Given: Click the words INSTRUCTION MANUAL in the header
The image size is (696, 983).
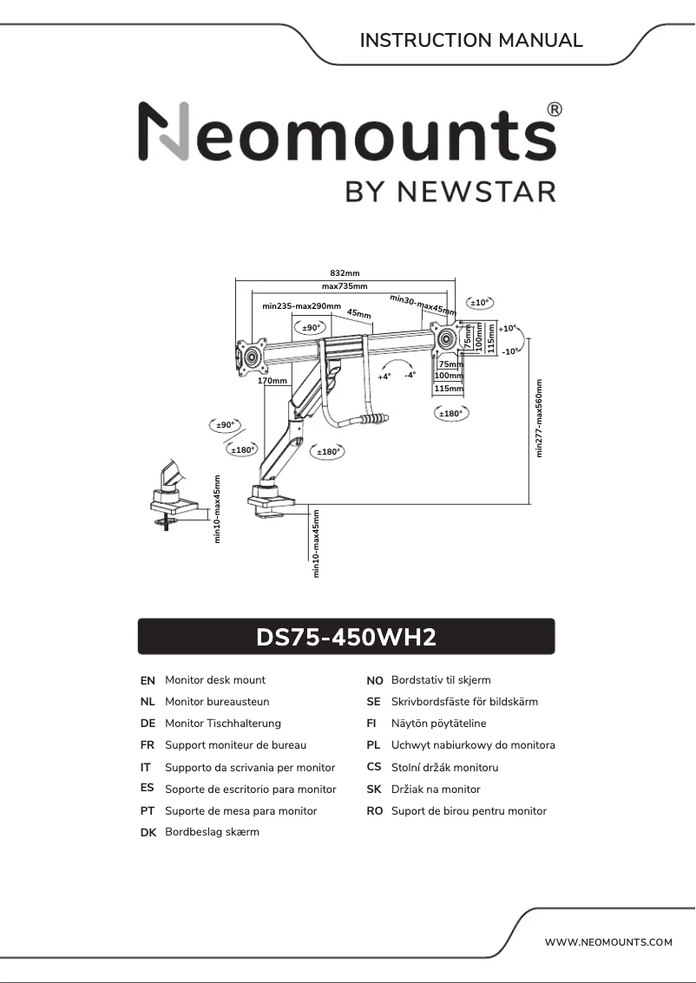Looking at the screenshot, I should click(x=471, y=40).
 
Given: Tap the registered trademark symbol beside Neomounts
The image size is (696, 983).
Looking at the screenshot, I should click(x=555, y=109).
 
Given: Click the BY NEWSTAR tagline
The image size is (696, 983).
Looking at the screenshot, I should click(x=450, y=190).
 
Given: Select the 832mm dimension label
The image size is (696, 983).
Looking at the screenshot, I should click(x=345, y=273).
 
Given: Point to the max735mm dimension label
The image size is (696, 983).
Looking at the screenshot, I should click(x=345, y=286).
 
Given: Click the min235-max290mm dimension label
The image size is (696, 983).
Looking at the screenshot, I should click(x=301, y=306).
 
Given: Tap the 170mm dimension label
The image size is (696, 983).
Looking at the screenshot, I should click(x=272, y=381).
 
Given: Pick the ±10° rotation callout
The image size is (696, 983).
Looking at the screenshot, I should click(x=480, y=303).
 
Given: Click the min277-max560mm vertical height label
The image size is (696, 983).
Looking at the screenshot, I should click(x=539, y=419).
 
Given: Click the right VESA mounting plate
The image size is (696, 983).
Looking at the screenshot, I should click(x=448, y=338).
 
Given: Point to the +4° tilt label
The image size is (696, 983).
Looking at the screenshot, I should click(x=384, y=377).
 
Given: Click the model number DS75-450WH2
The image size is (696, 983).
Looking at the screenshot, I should click(x=345, y=638).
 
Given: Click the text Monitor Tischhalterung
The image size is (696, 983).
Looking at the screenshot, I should click(x=223, y=724).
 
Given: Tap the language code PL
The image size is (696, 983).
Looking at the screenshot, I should click(x=374, y=745).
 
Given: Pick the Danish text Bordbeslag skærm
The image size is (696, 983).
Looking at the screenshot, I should click(x=212, y=832).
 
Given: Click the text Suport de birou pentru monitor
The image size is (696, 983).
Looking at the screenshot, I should click(x=469, y=811).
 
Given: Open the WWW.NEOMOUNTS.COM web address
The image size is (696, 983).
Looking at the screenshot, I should click(x=608, y=942).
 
